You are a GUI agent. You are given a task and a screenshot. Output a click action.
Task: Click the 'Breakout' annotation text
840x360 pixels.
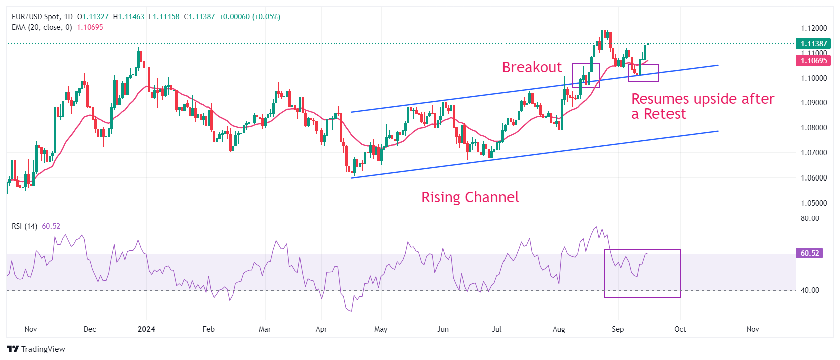[532, 67]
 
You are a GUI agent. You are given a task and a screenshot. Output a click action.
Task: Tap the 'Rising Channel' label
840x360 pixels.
[470, 197]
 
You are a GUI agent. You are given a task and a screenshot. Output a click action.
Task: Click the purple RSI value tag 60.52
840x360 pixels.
[809, 253]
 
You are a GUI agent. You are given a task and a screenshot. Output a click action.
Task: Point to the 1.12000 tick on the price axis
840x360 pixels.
[813, 28]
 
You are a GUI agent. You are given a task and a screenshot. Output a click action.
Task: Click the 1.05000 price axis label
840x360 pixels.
[813, 203]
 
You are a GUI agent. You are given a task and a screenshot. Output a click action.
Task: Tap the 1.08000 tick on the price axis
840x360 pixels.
[813, 128]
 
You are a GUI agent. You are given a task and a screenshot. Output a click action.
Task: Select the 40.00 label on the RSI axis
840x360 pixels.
[810, 290]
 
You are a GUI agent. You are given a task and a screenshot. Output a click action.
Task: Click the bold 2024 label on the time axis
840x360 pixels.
[146, 329]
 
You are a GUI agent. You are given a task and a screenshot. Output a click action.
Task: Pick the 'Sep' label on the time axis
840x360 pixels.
[618, 329]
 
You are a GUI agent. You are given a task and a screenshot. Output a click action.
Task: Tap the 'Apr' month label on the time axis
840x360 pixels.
[321, 329]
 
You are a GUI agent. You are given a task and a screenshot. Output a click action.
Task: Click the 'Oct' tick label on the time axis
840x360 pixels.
[680, 329]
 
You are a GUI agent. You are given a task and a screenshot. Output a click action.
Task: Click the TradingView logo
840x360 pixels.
[36, 349]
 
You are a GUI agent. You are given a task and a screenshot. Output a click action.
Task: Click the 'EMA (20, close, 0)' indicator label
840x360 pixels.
[42, 27]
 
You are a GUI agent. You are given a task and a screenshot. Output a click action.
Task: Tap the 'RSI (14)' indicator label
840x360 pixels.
[24, 226]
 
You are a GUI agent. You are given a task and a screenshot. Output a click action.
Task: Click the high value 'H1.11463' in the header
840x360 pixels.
[128, 17]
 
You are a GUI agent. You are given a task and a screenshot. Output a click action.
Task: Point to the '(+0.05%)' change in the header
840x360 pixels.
[266, 17]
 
